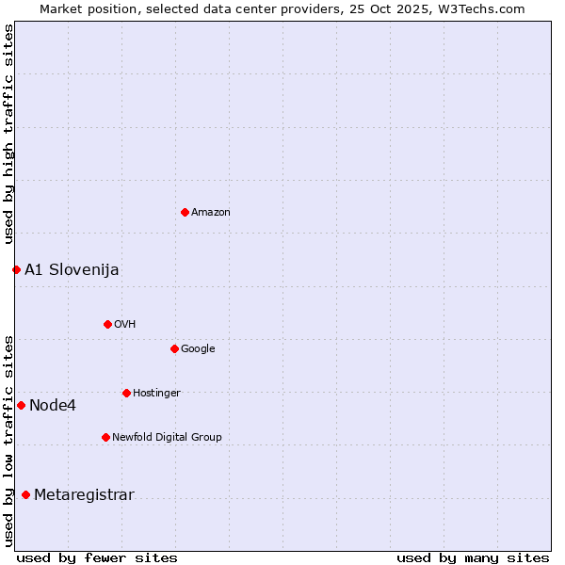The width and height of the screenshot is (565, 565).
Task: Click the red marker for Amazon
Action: coord(185,212)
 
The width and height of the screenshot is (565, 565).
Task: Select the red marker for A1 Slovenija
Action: coord(16,270)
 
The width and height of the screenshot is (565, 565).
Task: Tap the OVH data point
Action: coord(107,324)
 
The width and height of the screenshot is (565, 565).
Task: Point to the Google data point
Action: coord(174,348)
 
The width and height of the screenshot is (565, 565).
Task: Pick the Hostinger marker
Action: coord(126,393)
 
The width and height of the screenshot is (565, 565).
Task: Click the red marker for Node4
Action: coord(21,405)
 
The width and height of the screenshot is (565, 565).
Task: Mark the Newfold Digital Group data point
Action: coord(105,437)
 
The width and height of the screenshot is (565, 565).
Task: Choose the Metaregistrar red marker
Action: coord(25,495)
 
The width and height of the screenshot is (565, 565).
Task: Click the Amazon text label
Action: coord(211,213)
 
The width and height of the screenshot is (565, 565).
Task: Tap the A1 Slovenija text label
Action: coord(72,270)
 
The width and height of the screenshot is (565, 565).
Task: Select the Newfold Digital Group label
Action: coord(167,437)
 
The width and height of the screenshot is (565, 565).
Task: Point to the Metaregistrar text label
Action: coord(84,495)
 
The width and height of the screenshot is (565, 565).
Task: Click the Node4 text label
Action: coord(53,406)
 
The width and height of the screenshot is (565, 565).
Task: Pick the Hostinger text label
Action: coord(156,394)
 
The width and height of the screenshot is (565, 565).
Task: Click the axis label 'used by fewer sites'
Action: coord(97,557)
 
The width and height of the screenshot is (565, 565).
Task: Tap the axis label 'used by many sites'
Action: coord(473,557)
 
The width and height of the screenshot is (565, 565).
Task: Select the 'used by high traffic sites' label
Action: coord(8,134)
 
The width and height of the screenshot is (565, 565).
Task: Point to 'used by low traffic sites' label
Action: coord(8,440)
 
